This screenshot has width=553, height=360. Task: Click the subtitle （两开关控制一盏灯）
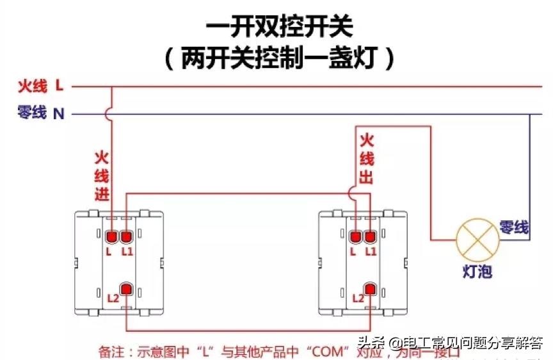click(278, 59)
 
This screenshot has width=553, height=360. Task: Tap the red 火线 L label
click(40, 85)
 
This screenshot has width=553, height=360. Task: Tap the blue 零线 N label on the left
click(41, 114)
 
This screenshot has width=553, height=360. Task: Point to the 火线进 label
click(102, 176)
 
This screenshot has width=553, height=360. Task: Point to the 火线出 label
click(366, 159)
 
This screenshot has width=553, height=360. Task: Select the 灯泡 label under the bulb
click(477, 272)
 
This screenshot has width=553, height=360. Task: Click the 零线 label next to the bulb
click(513, 227)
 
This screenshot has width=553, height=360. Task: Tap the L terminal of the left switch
click(111, 238)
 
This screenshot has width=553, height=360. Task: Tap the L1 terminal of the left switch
click(126, 238)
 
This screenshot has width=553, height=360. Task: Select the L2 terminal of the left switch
click(126, 289)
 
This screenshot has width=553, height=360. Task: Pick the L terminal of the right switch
click(356, 238)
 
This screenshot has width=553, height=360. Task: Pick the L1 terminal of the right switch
click(370, 238)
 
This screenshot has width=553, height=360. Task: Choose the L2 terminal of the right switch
click(370, 289)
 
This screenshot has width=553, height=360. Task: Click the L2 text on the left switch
click(113, 298)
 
